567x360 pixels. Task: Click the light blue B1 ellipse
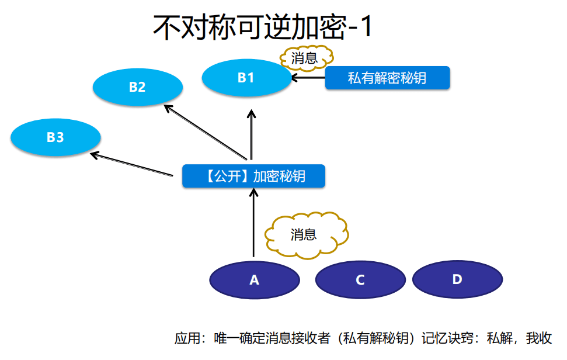(246, 77)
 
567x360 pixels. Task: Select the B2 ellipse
(137, 88)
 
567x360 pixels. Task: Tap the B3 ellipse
(55, 138)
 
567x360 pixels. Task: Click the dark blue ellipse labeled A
(254, 280)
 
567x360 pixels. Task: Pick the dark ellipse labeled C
(360, 280)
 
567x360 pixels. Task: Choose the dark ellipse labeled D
(457, 279)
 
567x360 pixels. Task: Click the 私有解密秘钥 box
(387, 78)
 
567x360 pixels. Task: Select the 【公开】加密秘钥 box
(253, 176)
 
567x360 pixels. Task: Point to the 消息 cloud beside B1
(305, 58)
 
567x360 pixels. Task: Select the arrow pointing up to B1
(252, 134)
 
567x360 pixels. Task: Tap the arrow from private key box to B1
(308, 78)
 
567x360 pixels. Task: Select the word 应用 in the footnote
(186, 338)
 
